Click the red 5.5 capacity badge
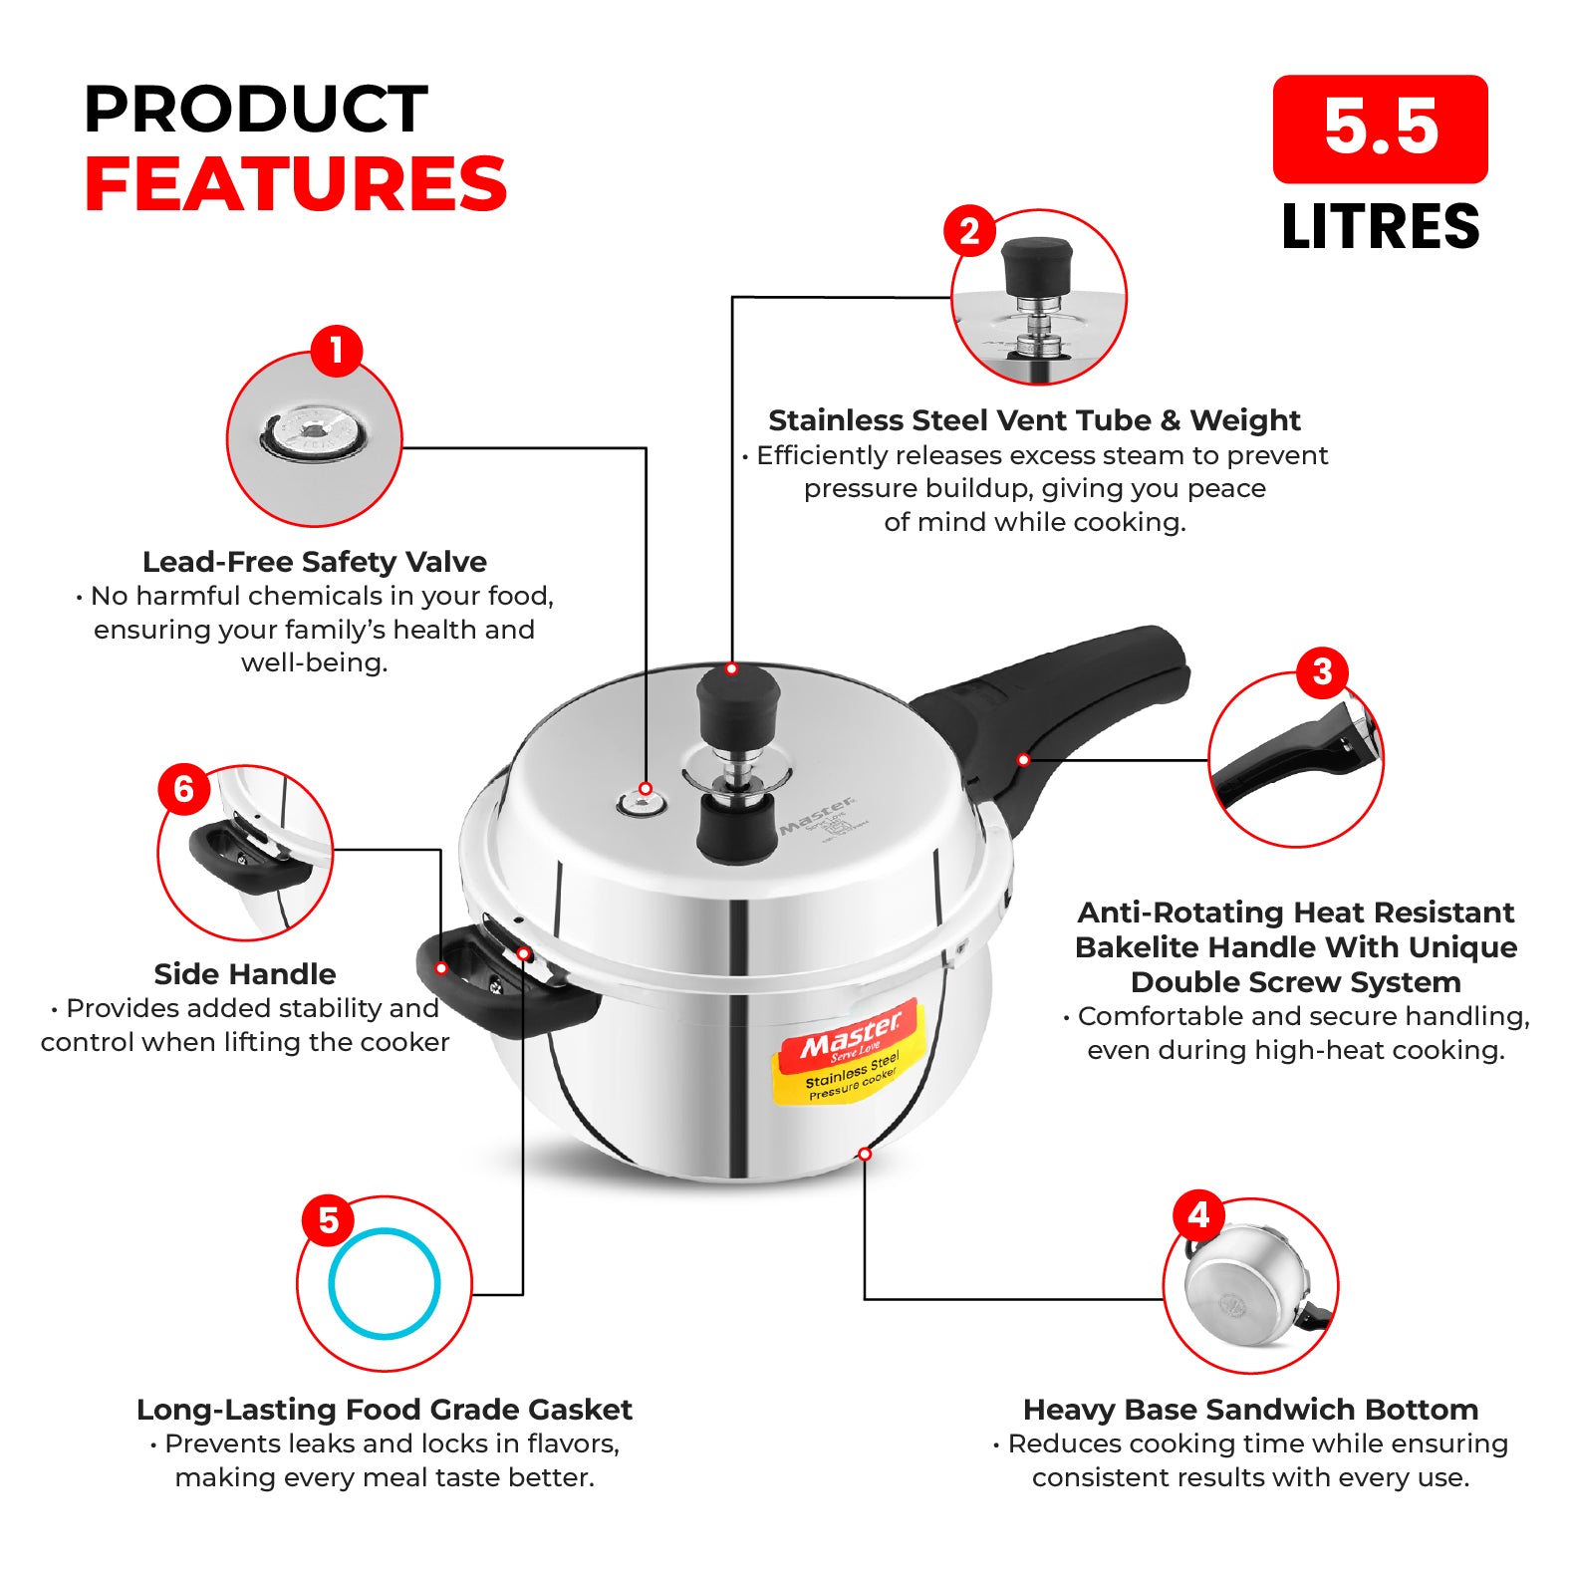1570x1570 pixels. pos(1380,129)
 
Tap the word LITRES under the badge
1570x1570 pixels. pos(1380,227)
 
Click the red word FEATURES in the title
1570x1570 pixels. pos(296,184)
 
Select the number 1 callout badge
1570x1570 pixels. pos(337,351)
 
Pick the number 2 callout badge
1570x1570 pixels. pos(969,232)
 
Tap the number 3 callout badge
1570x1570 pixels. pos(1322,672)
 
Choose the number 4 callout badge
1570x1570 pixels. pos(1198,1215)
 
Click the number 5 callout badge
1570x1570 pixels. pos(329,1221)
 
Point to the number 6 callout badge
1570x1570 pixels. pos(184,790)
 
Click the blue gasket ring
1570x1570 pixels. pos(385,1231)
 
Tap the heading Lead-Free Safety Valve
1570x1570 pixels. pos(315,562)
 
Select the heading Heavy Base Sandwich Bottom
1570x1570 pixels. pos(1250,1410)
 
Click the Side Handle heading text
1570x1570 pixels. pos(245,974)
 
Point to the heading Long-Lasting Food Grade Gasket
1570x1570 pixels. pos(385,1410)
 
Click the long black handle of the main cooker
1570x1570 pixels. pos(1046,717)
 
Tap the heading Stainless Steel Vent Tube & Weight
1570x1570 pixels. pos(1034,420)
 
